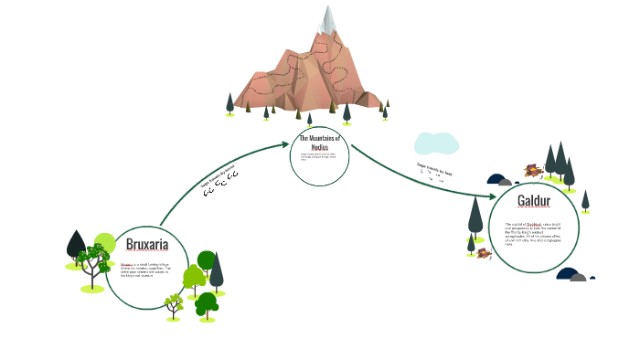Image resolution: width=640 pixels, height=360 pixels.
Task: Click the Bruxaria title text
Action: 147,246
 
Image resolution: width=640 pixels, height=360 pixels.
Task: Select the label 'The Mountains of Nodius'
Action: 319,142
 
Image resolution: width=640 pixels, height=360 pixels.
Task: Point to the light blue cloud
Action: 435,143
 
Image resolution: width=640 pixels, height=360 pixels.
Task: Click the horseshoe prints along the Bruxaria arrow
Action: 220,185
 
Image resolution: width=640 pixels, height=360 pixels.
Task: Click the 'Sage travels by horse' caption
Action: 219,176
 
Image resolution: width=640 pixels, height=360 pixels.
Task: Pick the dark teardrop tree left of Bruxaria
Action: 76,245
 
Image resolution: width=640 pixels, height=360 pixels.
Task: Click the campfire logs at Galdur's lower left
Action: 479,249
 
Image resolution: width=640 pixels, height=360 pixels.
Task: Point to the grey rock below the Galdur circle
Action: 571,274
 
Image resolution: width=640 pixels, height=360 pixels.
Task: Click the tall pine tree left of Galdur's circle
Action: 475,217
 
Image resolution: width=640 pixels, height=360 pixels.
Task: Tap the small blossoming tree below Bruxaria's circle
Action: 173,302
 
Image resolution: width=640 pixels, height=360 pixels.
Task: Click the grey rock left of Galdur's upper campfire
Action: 498,179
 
